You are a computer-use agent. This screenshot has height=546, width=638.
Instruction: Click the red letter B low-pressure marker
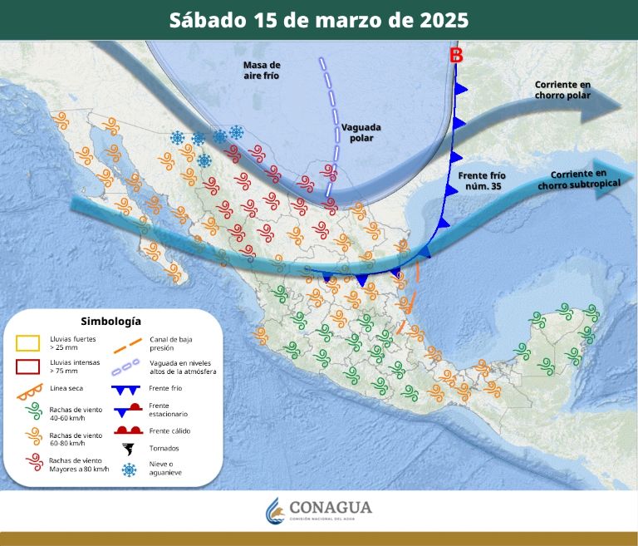[456, 57]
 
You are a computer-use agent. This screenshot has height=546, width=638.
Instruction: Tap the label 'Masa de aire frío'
[262, 70]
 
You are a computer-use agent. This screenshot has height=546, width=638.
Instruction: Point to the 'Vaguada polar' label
[361, 132]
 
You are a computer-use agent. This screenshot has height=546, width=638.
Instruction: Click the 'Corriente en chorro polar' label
[563, 90]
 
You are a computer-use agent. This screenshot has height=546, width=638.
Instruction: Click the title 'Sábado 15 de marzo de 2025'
[319, 20]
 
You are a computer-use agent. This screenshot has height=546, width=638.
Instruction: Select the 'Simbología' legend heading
[110, 321]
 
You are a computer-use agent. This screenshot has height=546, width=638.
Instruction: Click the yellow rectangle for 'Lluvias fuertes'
[29, 342]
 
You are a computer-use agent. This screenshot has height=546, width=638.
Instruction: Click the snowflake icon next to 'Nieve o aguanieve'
[130, 470]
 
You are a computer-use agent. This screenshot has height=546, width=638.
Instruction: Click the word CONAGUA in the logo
[331, 507]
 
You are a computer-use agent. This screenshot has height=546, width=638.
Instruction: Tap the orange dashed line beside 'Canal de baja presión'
[129, 343]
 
